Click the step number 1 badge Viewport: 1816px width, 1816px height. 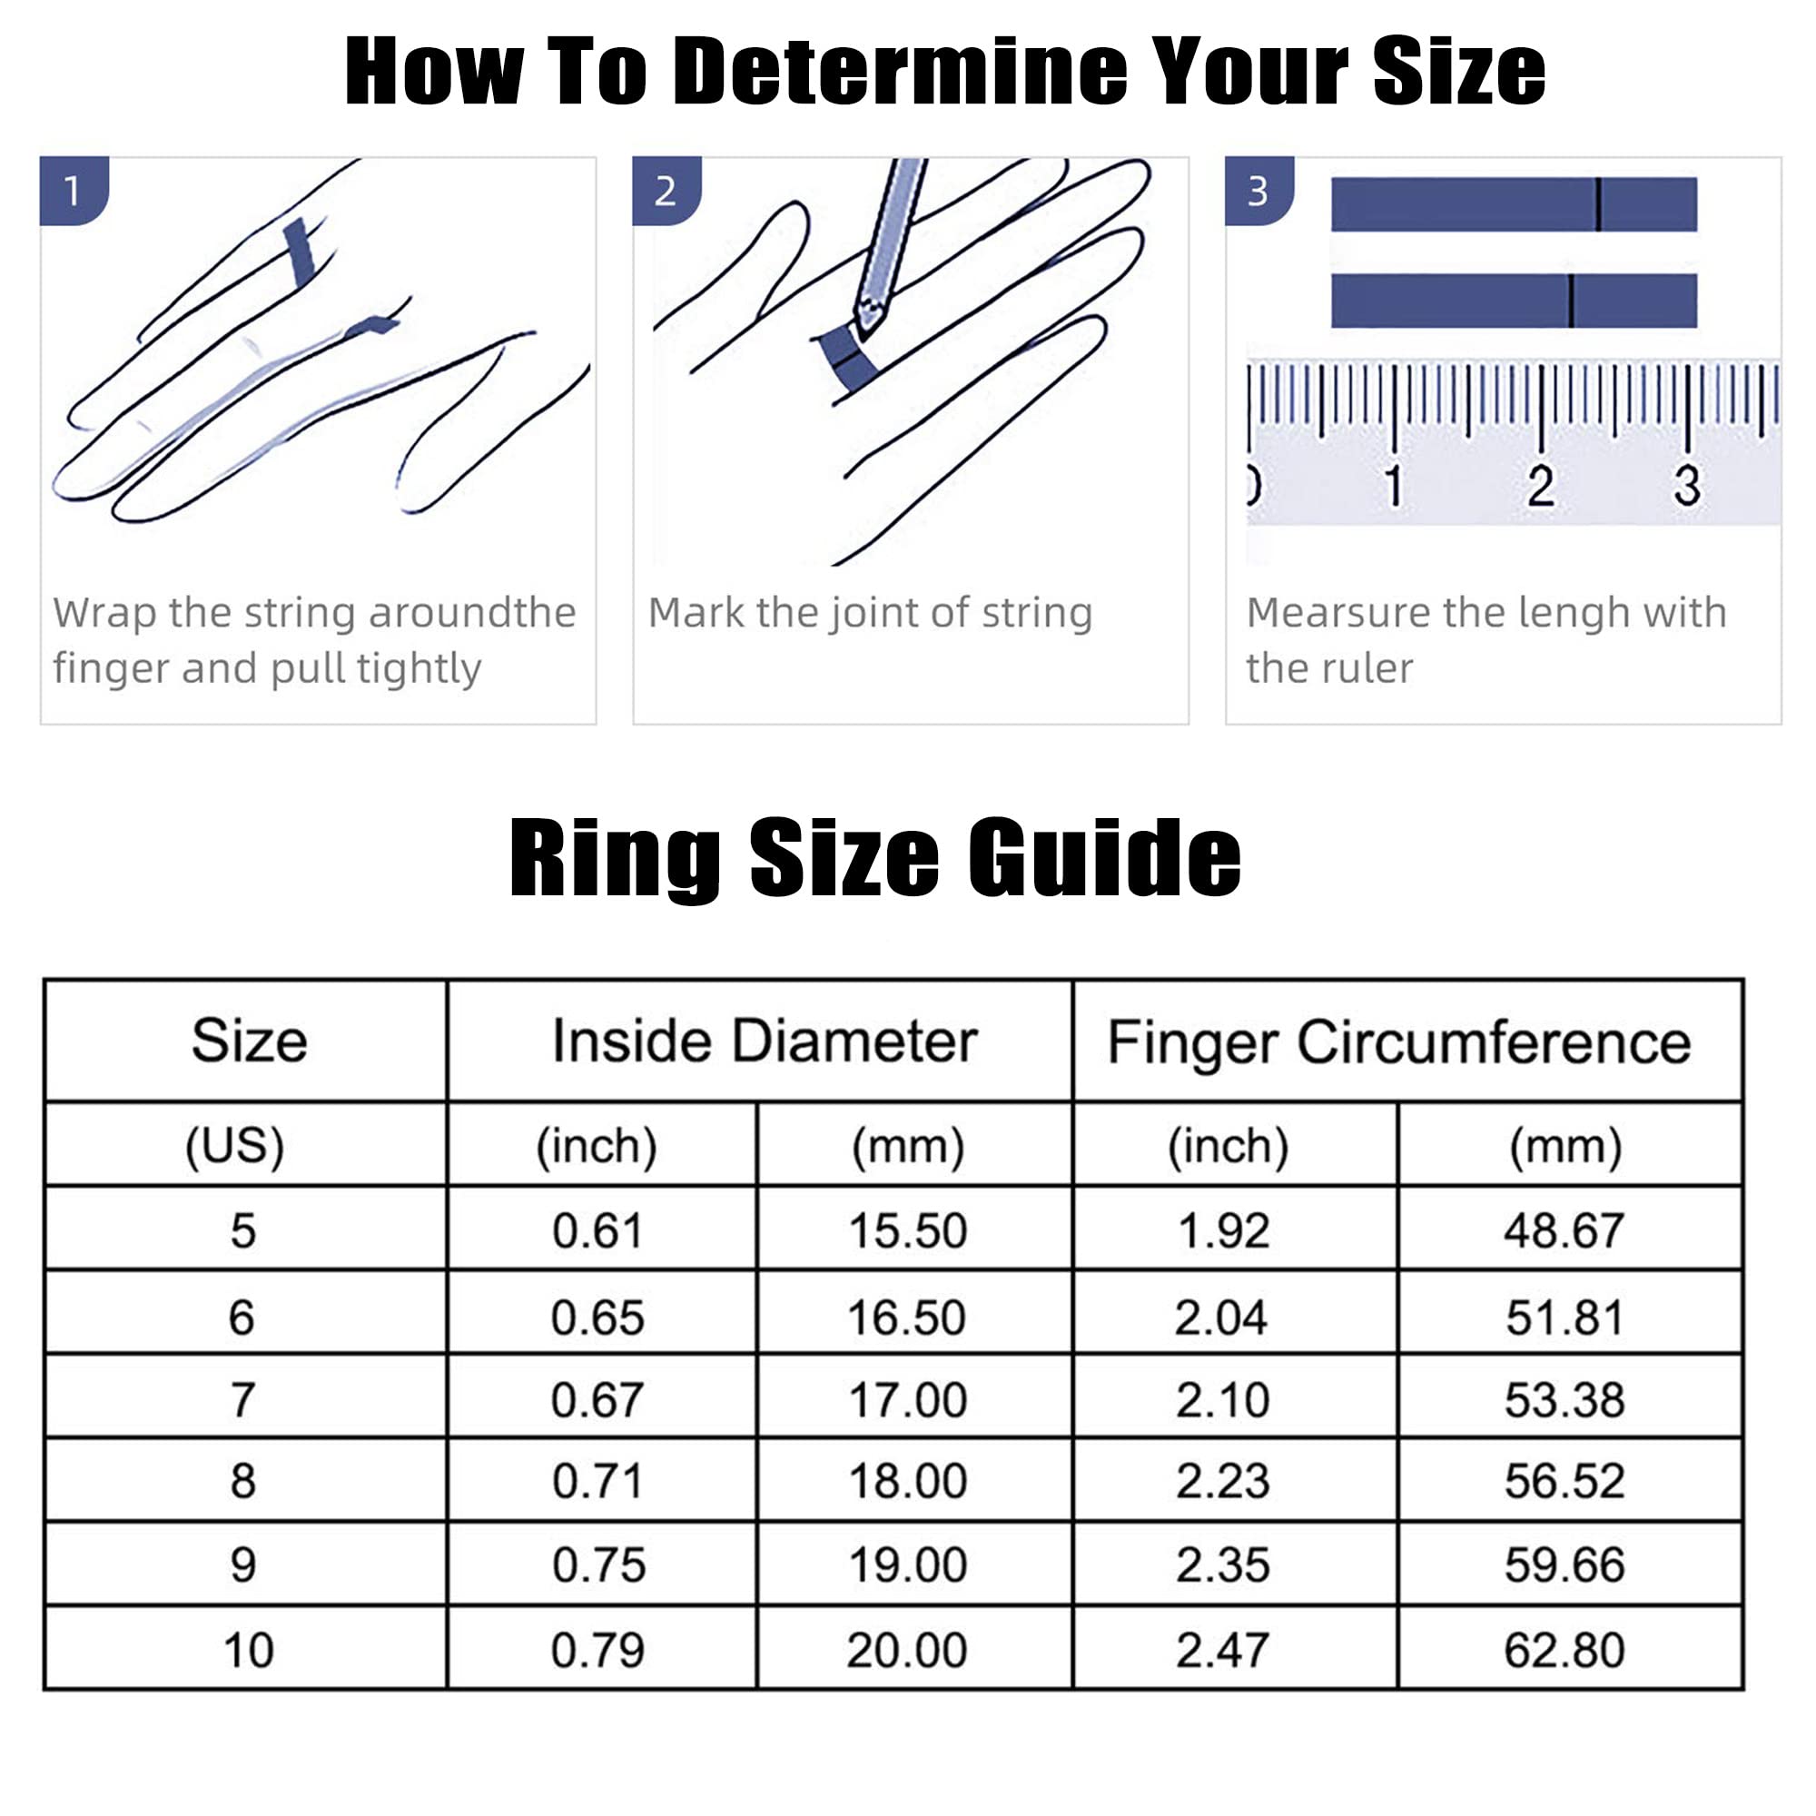74,191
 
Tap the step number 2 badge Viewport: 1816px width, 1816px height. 666,191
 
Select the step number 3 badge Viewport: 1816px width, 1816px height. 1258,191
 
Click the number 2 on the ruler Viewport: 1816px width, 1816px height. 1540,486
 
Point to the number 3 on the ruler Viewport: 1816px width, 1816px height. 1687,486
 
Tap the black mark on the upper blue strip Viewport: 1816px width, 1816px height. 1597,204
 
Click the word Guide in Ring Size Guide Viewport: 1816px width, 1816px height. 1104,858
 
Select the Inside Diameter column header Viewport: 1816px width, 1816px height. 765,1041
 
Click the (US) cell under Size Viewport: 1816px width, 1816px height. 234,1146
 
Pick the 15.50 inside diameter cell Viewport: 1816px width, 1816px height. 908,1230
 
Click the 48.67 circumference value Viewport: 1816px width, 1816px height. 1564,1230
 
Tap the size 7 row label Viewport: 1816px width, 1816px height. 242,1400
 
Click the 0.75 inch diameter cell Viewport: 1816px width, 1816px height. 598,1566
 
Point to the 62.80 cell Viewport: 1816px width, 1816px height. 1564,1651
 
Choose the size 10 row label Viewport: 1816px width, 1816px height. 248,1651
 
